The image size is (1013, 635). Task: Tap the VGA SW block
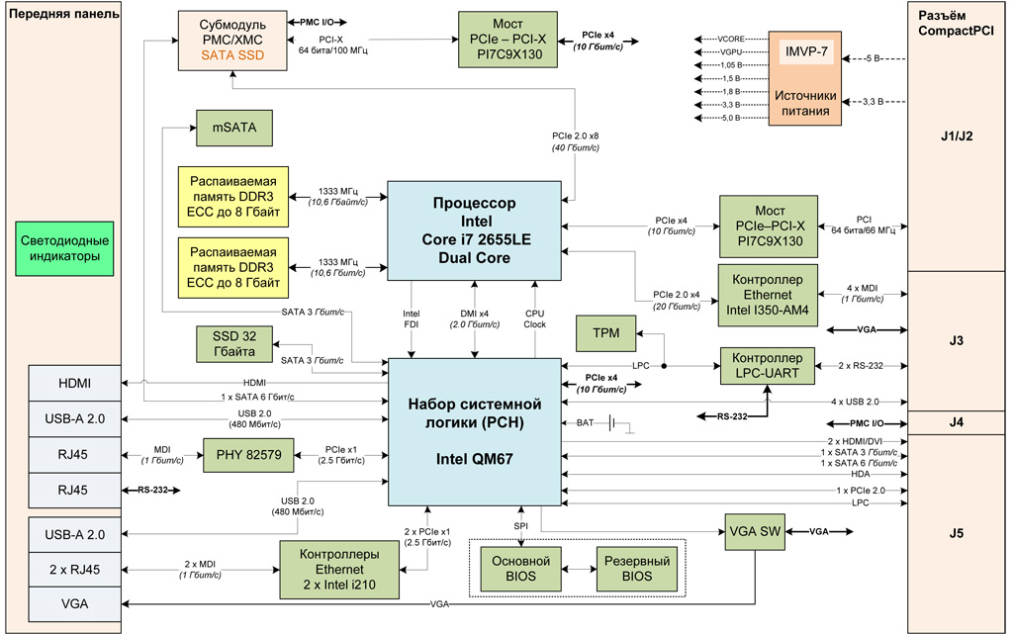(757, 531)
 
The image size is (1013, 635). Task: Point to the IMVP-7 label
(806, 51)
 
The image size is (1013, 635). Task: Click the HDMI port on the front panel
(74, 383)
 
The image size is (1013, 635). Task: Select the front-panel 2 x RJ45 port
(74, 569)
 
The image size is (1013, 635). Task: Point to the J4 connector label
(955, 422)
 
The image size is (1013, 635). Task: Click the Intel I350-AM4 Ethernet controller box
(769, 294)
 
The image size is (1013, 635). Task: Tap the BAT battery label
(586, 423)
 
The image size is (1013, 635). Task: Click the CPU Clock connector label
(535, 317)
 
